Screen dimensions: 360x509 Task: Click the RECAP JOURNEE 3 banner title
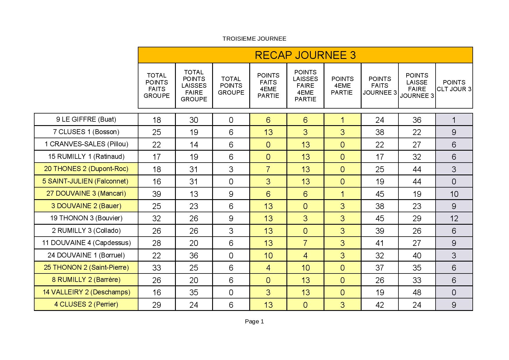(305, 55)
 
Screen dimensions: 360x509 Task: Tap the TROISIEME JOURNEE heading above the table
(254, 39)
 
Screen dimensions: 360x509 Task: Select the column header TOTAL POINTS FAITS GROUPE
(157, 86)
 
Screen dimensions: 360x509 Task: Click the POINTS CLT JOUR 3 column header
(454, 86)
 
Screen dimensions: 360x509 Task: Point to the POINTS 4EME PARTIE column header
(342, 86)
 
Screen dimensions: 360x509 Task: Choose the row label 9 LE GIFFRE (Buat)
(86, 119)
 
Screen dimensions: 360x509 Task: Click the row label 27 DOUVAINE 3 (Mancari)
(86, 193)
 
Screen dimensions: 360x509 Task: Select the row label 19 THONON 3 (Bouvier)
(86, 218)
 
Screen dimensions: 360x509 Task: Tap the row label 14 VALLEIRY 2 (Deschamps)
(86, 292)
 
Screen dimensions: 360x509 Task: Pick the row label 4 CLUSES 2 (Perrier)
(86, 304)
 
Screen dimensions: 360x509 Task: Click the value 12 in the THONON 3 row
(454, 218)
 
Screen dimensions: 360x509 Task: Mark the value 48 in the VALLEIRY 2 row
(417, 292)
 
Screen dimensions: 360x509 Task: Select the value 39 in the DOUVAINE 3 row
(157, 194)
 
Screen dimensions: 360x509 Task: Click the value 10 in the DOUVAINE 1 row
(268, 255)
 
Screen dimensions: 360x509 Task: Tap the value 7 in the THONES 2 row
(268, 169)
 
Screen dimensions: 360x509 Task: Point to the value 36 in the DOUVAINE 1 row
(194, 255)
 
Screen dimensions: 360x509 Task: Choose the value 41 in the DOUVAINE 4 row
(380, 243)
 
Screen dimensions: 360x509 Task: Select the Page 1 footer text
(254, 321)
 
